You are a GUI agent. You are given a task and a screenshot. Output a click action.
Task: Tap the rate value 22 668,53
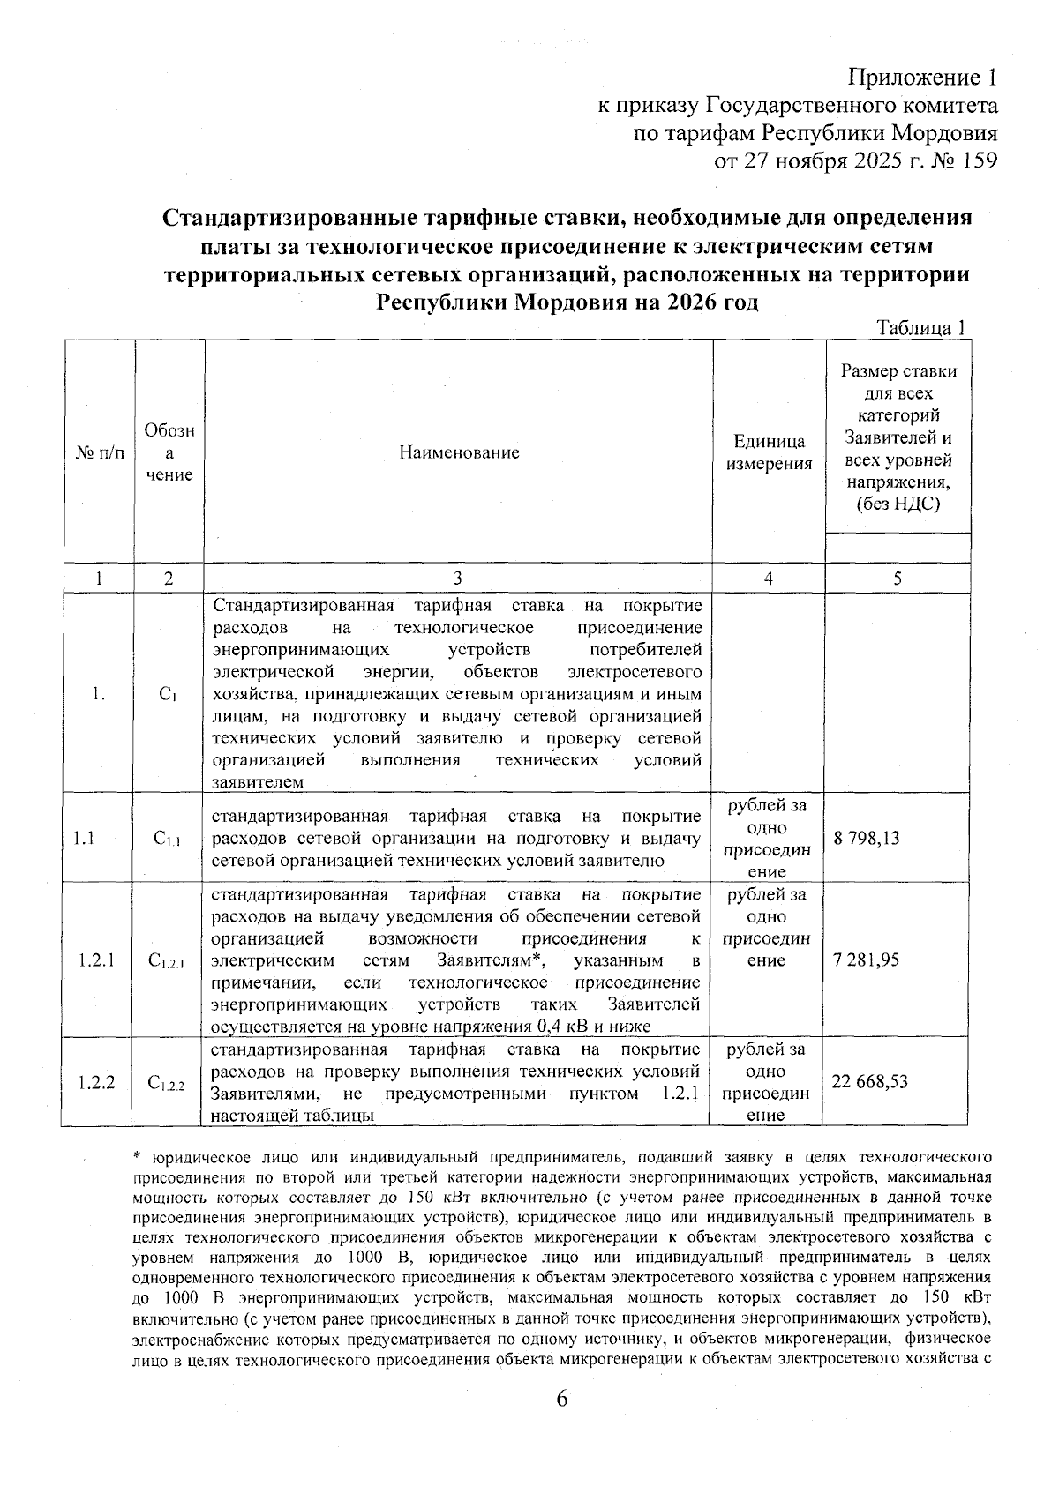coord(870,1081)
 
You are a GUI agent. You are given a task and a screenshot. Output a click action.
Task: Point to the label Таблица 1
coord(920,327)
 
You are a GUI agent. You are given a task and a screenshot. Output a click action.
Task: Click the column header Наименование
coord(459,452)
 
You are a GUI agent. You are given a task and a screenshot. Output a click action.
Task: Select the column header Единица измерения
coord(769,452)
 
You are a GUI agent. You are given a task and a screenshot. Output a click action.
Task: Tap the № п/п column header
coord(98,452)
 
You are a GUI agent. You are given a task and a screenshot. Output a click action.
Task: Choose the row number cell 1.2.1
coord(97,960)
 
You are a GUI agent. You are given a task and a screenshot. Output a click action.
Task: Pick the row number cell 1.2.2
coord(97,1081)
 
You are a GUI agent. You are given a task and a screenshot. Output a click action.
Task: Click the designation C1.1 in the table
coord(167,840)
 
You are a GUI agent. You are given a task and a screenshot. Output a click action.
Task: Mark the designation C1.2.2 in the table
coord(167,1083)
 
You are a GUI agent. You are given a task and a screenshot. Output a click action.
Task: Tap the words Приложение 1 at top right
coord(923,78)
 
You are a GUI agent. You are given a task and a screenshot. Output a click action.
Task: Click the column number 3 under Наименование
coord(457,579)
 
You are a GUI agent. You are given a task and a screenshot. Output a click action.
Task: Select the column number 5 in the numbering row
coord(898,579)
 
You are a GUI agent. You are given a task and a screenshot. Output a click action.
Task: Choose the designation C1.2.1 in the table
coord(167,961)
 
